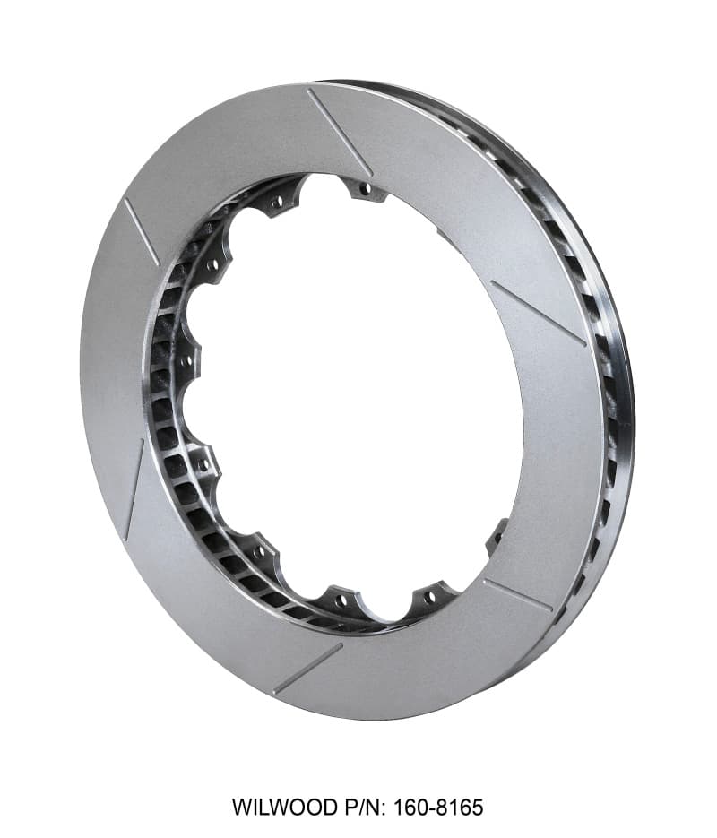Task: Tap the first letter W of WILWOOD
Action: point(241,807)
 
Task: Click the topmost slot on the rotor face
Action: point(339,131)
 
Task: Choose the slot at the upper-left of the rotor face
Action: point(141,232)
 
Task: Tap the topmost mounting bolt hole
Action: point(364,189)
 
